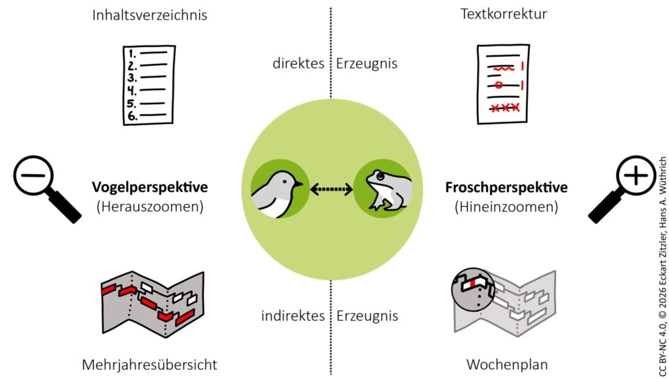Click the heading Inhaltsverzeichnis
point(150,15)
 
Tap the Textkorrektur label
point(504,14)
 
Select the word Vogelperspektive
point(150,187)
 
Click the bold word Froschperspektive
point(506,187)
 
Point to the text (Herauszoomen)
point(150,207)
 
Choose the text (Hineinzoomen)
point(506,207)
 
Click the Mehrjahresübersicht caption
point(150,365)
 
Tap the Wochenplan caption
point(507,365)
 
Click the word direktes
point(299,63)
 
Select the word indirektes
point(293,316)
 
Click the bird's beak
point(299,183)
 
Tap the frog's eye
point(379,175)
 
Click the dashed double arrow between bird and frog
point(331,189)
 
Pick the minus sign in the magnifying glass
point(33,175)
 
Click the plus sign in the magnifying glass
point(636,175)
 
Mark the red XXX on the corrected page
point(505,108)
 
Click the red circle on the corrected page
point(498,85)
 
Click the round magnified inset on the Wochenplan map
point(473,290)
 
